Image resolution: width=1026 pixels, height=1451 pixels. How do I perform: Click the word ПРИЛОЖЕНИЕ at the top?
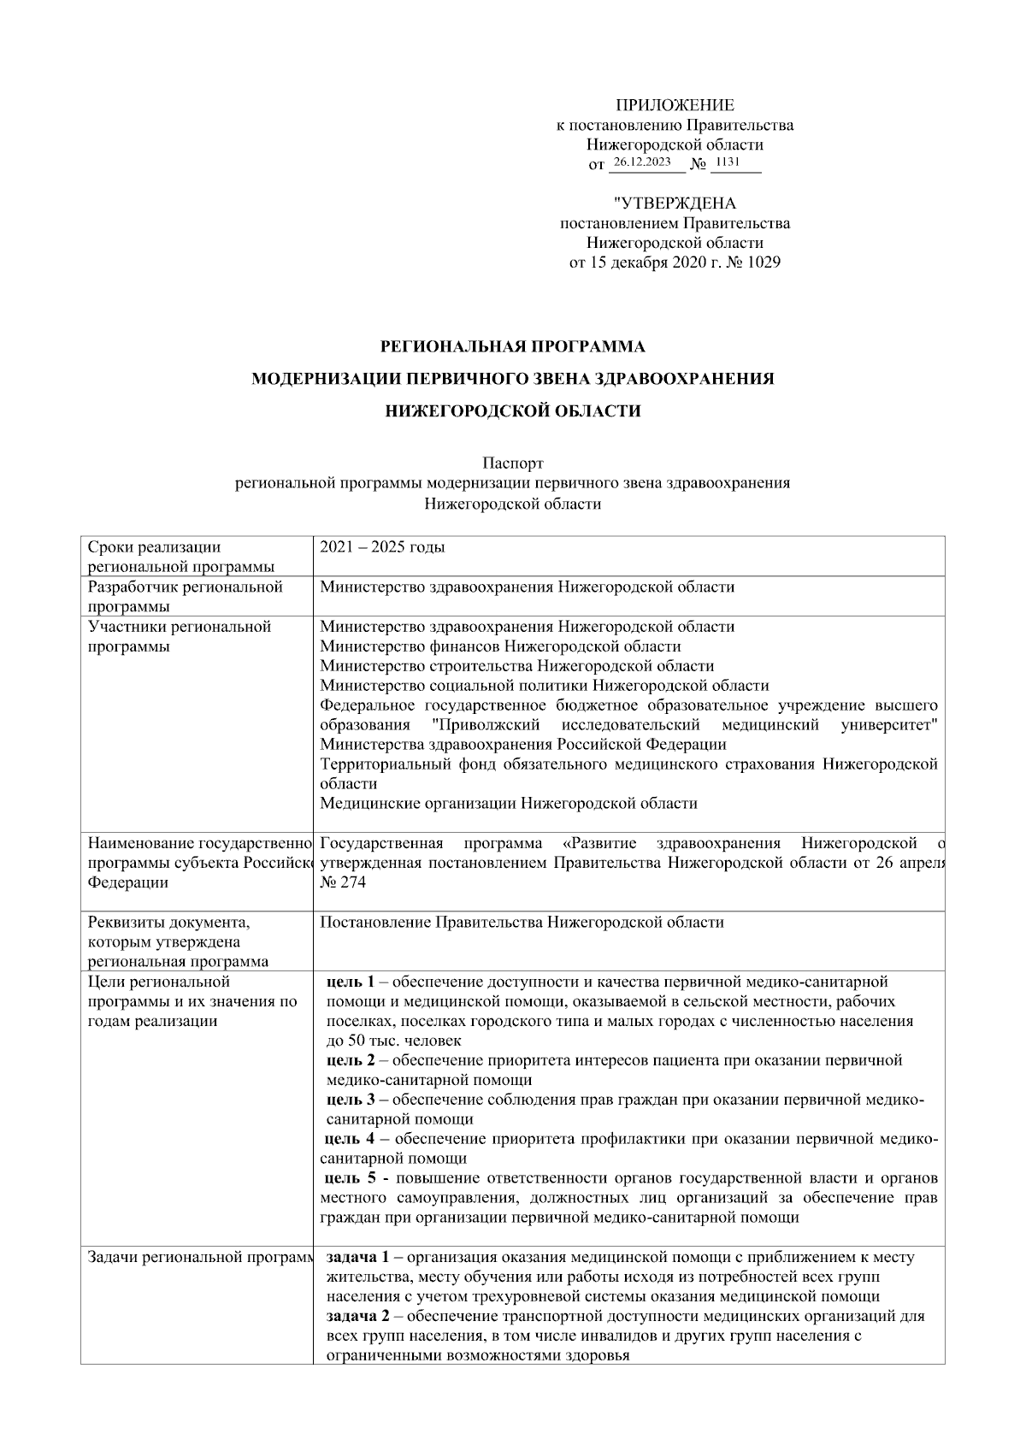675,105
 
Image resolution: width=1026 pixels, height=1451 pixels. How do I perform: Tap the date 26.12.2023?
642,162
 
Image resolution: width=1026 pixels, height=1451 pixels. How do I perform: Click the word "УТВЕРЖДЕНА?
675,203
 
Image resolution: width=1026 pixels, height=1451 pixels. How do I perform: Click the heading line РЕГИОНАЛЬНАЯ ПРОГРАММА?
512,347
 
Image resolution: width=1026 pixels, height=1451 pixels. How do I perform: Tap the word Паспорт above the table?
512,463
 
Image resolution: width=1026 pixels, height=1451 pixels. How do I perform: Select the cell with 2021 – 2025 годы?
382,547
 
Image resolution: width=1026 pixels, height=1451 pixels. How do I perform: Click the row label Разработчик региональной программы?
185,596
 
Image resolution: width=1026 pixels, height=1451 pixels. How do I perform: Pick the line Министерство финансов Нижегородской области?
500,646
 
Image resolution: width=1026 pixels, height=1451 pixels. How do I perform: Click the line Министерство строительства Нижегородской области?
516,666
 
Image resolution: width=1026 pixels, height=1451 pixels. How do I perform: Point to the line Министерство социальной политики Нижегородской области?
544,686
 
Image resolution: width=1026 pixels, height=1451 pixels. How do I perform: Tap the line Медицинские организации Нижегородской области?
508,804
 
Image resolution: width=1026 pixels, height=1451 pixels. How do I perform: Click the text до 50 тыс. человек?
393,1041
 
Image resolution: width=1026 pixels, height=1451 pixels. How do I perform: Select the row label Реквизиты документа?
168,923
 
